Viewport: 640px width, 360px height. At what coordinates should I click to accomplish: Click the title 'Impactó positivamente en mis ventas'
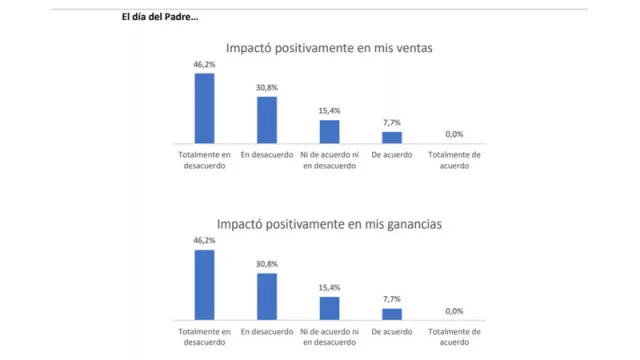(x=328, y=47)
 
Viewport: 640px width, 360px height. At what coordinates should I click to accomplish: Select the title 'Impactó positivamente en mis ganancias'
(x=328, y=224)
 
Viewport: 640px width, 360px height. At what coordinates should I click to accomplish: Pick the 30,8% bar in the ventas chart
(x=267, y=120)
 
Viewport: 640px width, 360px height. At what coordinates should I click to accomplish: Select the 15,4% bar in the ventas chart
(x=329, y=132)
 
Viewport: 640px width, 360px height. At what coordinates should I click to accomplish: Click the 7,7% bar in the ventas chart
(x=392, y=138)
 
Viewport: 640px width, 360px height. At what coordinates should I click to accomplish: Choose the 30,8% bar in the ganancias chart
(x=267, y=297)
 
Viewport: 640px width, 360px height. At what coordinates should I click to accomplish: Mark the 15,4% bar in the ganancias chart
(x=329, y=309)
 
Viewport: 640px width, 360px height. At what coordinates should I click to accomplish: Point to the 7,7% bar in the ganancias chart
(x=392, y=314)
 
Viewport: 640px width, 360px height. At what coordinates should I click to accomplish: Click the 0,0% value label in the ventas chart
(x=454, y=134)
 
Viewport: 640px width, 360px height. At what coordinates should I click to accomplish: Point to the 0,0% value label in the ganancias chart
(x=454, y=311)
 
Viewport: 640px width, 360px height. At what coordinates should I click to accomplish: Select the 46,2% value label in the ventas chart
(x=204, y=64)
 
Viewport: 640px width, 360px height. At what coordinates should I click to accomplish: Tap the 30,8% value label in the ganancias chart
(x=267, y=264)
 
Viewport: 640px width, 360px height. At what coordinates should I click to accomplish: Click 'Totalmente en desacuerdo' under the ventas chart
(x=204, y=160)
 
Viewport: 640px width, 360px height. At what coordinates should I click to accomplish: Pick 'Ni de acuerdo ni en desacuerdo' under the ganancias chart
(x=329, y=337)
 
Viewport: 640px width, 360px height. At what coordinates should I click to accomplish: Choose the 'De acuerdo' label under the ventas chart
(x=392, y=155)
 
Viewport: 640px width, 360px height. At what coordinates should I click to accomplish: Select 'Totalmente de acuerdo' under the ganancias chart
(x=454, y=337)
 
